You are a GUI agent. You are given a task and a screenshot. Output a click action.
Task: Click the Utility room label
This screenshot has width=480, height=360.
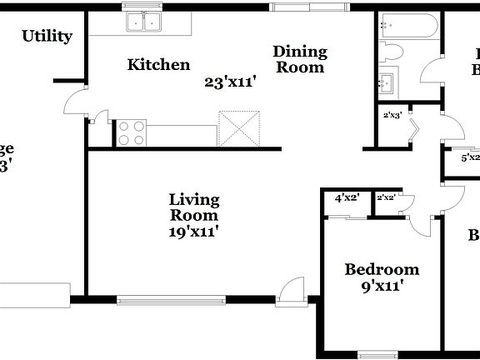(47, 36)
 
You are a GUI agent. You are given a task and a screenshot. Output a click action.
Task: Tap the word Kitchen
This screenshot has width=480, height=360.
(158, 64)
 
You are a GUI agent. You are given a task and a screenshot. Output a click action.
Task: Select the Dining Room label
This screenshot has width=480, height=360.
(300, 59)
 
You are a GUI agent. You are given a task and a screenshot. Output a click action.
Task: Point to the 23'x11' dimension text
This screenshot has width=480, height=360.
(229, 82)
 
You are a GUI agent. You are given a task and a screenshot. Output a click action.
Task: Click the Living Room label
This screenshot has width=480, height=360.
(194, 207)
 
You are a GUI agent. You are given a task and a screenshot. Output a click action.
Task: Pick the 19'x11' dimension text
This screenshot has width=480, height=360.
(194, 232)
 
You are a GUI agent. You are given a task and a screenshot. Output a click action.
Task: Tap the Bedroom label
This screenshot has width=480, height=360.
(382, 269)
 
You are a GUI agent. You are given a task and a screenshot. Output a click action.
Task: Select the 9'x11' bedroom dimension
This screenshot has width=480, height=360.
(382, 287)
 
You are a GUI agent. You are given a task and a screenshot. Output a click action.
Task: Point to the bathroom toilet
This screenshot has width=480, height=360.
(392, 52)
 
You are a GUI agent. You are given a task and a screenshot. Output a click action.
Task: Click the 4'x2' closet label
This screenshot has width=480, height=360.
(346, 197)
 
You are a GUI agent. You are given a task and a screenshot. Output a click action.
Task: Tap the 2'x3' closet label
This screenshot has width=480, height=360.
(392, 116)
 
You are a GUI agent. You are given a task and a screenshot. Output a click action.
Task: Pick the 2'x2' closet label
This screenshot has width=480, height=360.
(386, 197)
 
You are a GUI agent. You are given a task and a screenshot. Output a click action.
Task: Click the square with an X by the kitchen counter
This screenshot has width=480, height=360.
(239, 130)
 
